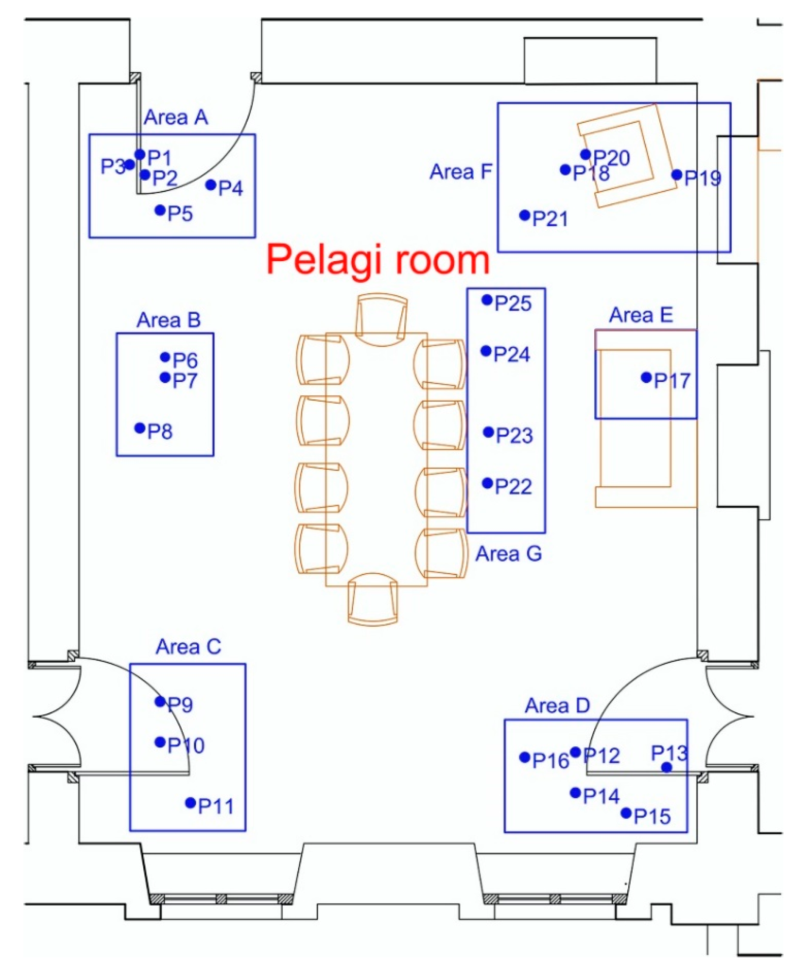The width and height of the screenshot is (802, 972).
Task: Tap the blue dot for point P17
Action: (x=646, y=378)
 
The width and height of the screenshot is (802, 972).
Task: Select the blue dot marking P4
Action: (x=211, y=185)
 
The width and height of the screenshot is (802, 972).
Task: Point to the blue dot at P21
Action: (x=525, y=215)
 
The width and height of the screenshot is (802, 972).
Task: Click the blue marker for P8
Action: (x=140, y=428)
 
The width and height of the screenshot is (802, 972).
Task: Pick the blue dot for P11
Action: (x=190, y=803)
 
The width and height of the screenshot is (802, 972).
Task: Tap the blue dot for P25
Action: (x=487, y=300)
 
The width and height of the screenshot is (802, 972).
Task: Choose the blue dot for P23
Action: (x=488, y=432)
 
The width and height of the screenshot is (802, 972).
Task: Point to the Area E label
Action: (x=641, y=315)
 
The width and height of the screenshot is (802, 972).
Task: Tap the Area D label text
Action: (x=557, y=706)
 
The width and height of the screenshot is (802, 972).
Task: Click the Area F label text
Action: (x=461, y=172)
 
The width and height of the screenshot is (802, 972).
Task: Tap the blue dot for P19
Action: (x=677, y=175)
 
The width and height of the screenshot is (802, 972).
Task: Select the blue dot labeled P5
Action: (x=160, y=210)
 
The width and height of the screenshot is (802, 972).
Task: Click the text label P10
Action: (x=186, y=745)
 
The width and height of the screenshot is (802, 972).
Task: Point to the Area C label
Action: (x=188, y=647)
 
